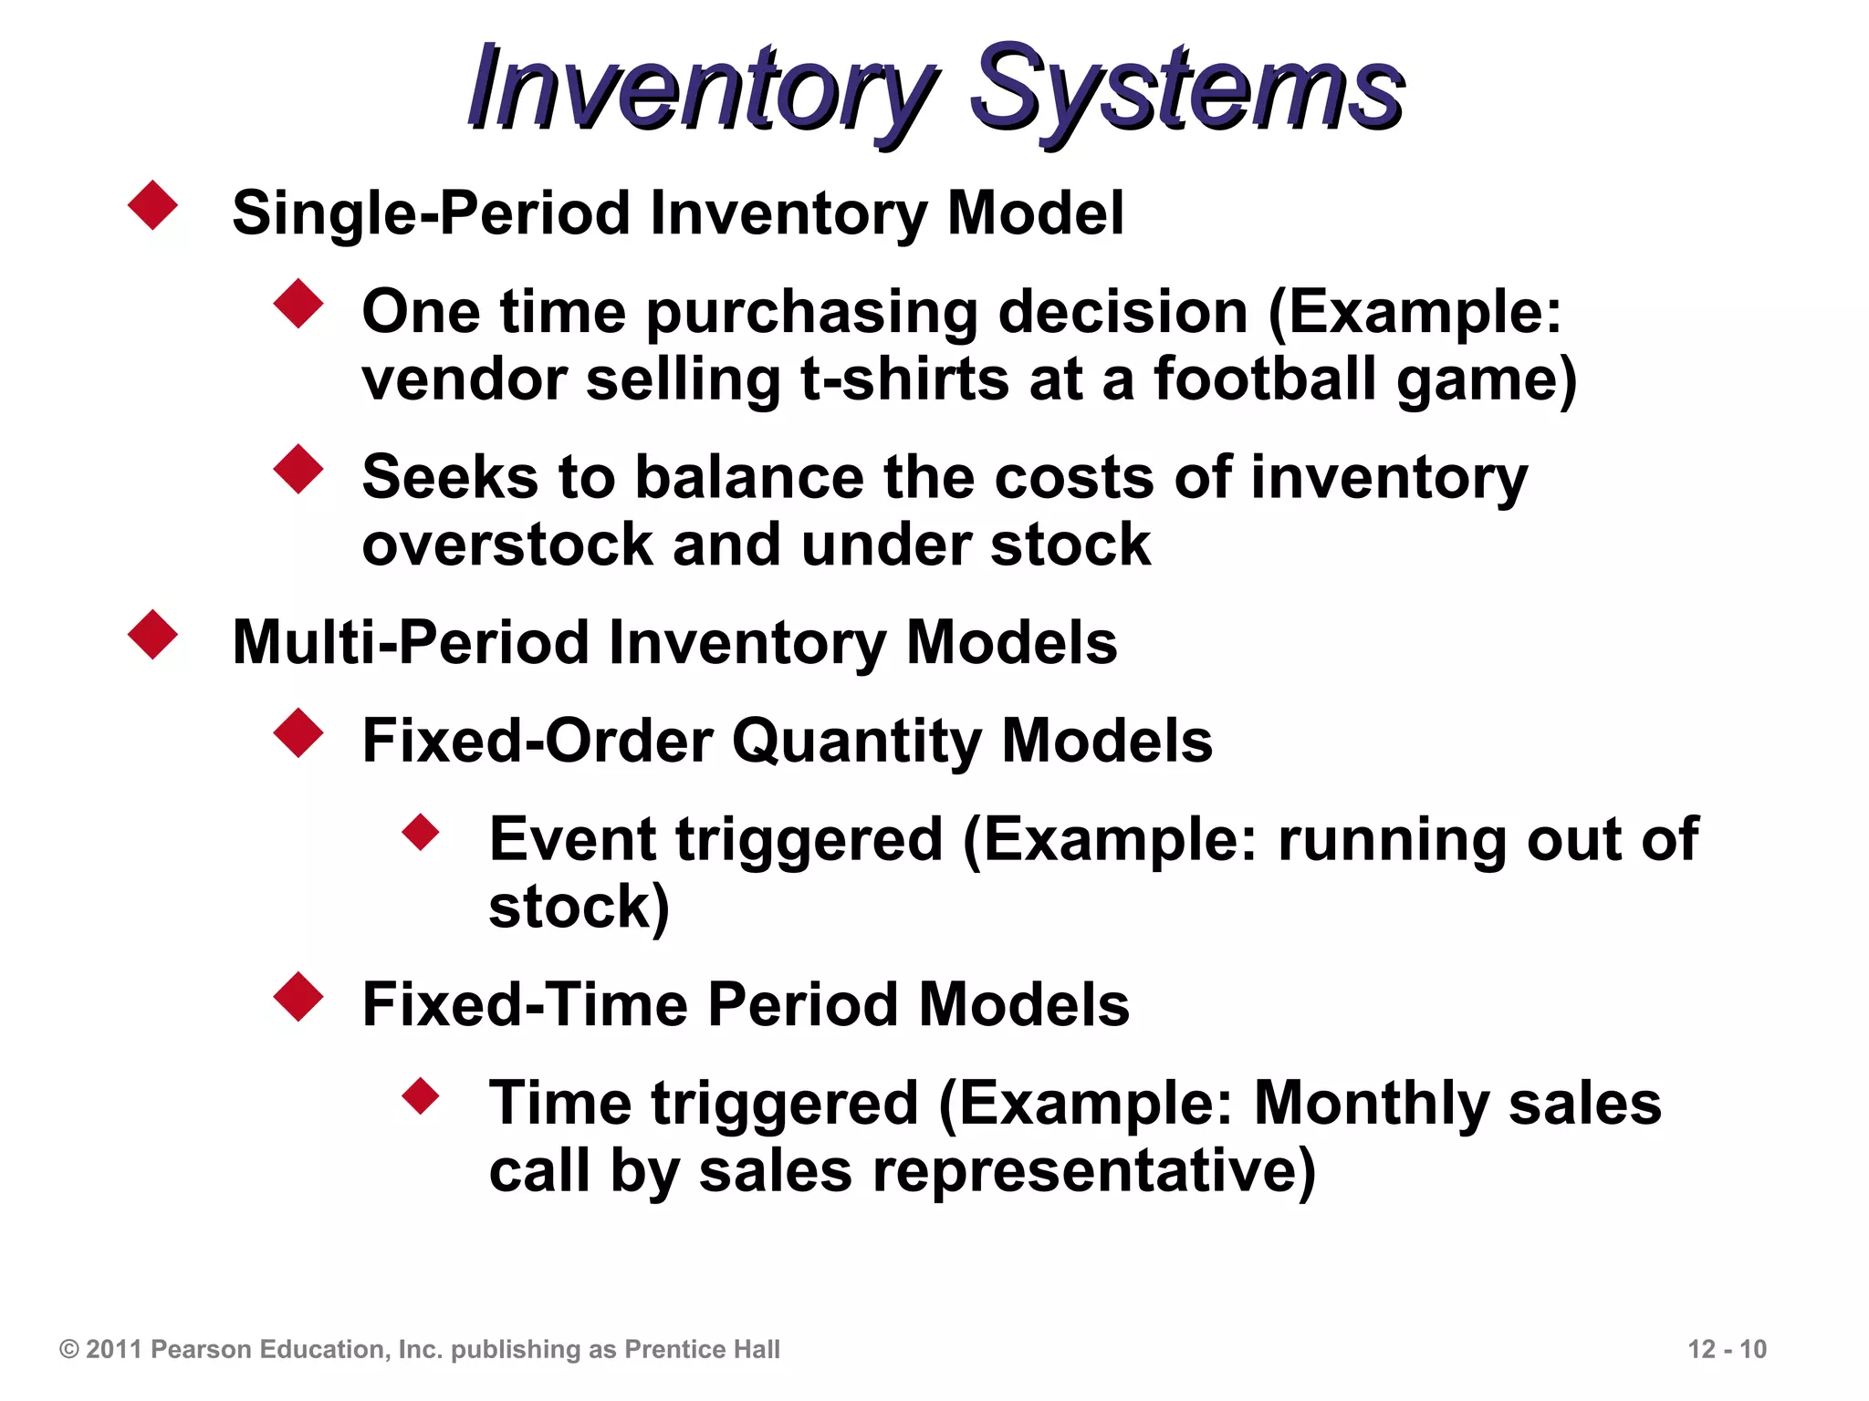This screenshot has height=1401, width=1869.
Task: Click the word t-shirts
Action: tap(904, 379)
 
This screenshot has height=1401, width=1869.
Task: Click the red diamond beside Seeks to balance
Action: tap(298, 470)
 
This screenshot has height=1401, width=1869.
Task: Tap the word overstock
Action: tap(507, 545)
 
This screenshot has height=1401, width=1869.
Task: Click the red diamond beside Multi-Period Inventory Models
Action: tap(152, 635)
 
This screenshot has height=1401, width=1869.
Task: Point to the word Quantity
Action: tap(857, 741)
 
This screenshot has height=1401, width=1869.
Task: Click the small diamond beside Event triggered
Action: tap(421, 832)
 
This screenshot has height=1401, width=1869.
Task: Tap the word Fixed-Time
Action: tap(525, 1004)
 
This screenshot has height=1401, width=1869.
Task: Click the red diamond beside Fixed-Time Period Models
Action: tap(298, 997)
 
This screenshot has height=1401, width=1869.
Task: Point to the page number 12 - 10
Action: tap(1727, 1349)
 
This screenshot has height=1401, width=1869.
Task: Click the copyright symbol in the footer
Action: tap(69, 1349)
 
